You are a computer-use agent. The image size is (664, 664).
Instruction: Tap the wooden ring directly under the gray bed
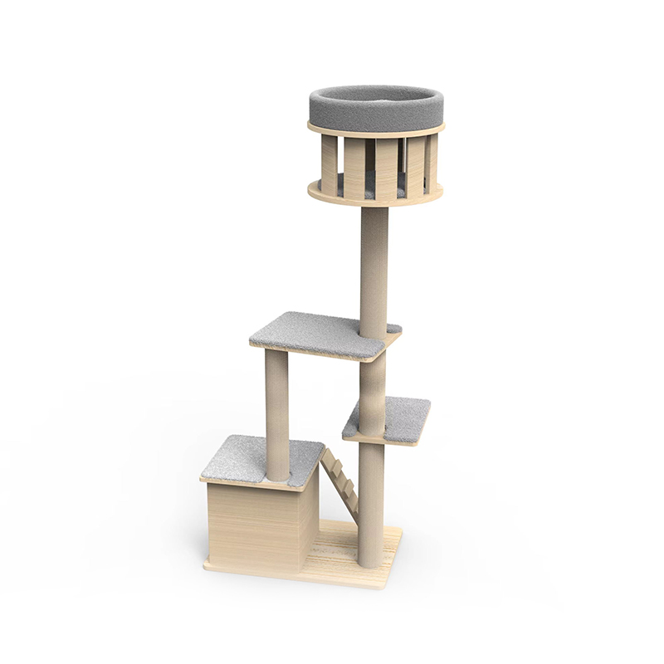tap(375, 131)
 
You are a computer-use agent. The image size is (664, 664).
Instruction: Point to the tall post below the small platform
tap(371, 498)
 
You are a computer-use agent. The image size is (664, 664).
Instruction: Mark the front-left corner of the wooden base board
tap(206, 566)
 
